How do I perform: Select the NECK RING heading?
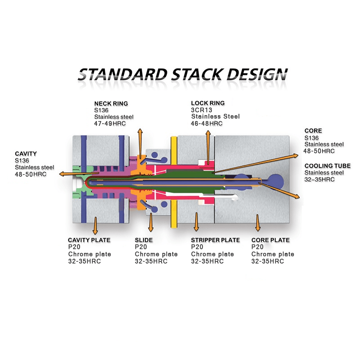point(111,103)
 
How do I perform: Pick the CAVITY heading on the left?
point(26,153)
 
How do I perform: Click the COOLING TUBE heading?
point(327,166)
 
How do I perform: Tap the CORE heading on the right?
point(313,131)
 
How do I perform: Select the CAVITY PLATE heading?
point(89,240)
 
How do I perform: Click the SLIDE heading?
point(144,240)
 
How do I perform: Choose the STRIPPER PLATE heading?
point(215,240)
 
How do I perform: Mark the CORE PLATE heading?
point(270,240)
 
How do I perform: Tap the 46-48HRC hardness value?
point(207,123)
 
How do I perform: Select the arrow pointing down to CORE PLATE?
point(257,223)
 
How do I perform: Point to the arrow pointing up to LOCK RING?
point(208,144)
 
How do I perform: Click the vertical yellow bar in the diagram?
point(173,180)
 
